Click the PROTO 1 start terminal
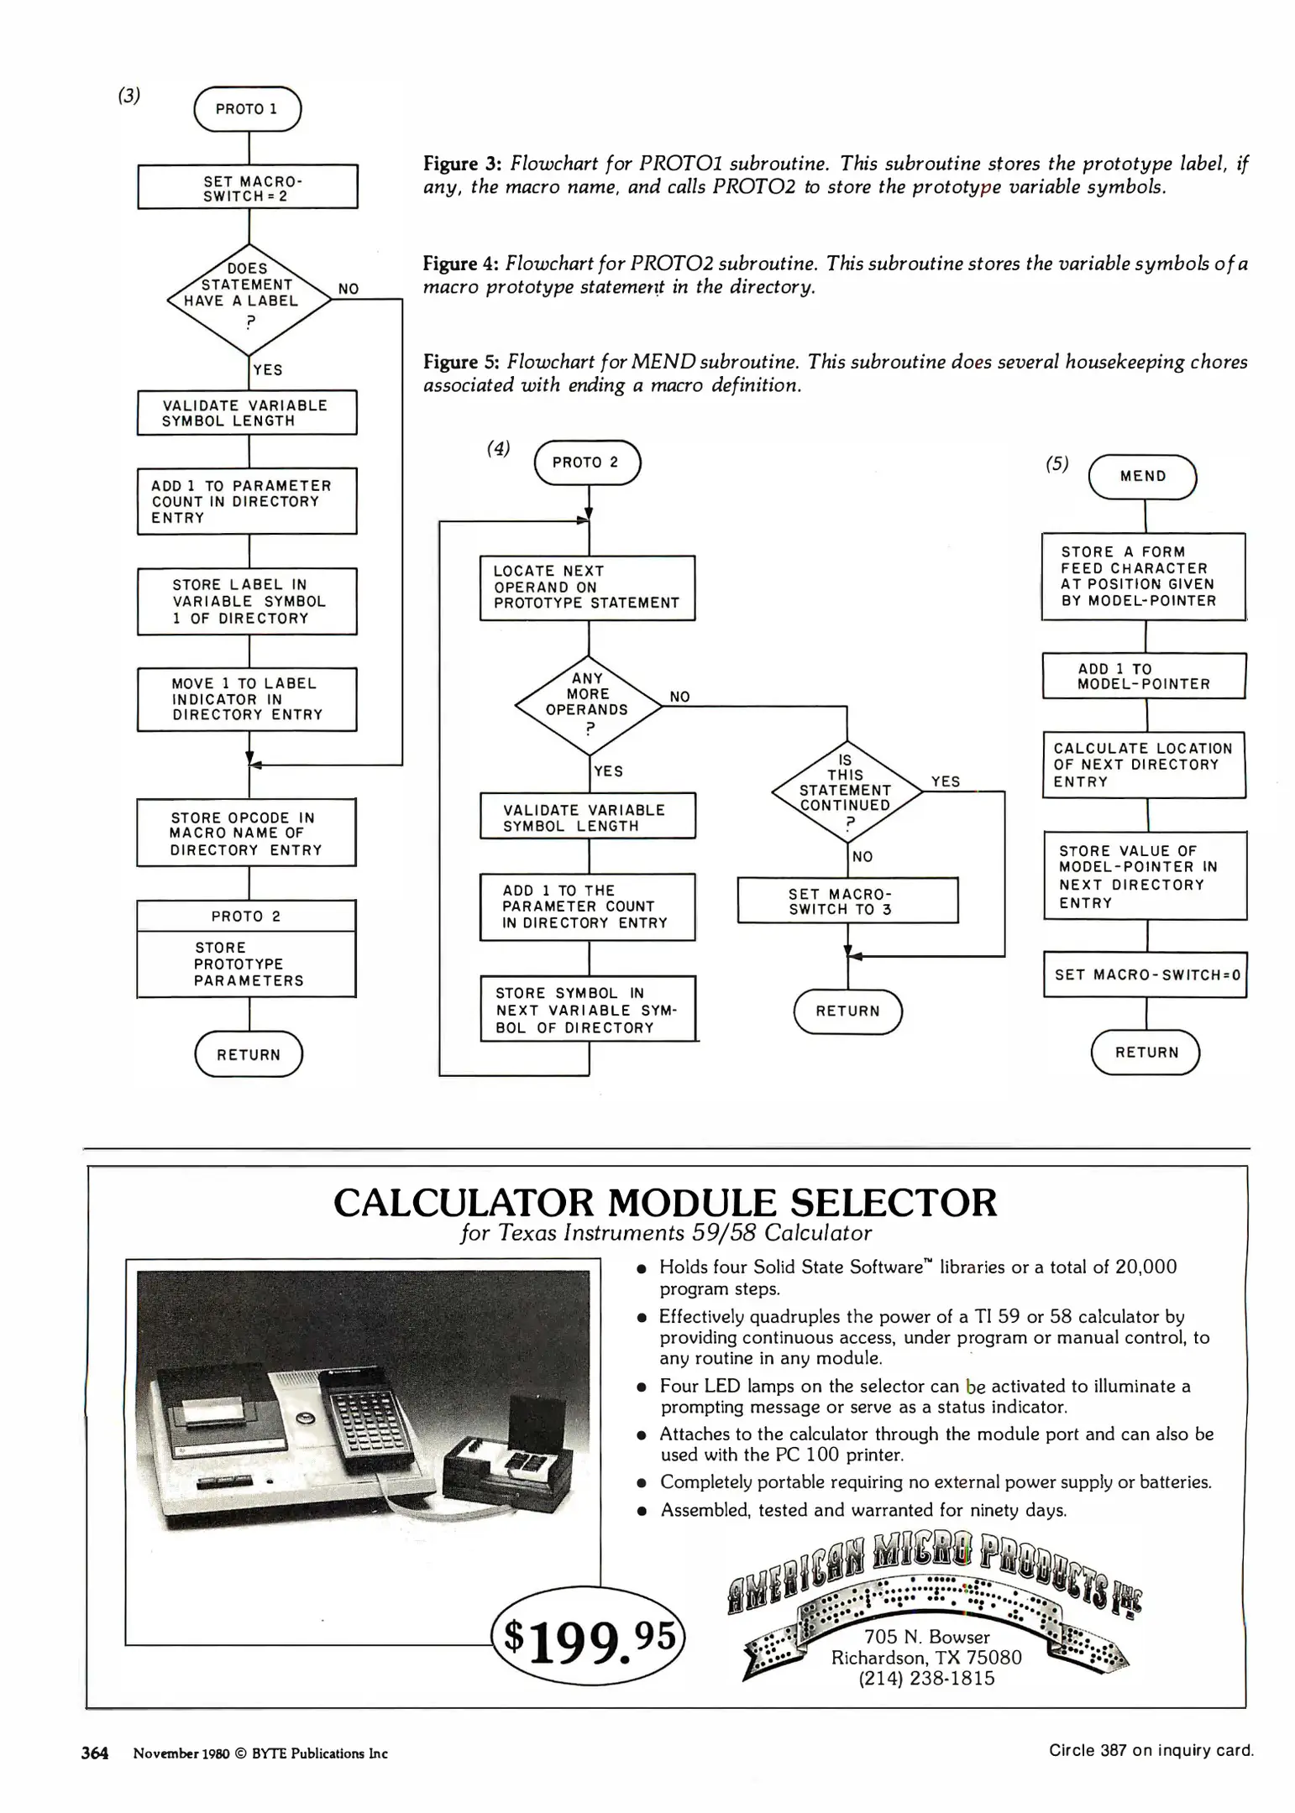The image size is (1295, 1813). coord(247,109)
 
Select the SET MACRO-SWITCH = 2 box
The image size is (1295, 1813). coord(248,186)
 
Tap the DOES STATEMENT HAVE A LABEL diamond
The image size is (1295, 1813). coord(249,298)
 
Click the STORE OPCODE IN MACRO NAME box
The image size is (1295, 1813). coord(246,833)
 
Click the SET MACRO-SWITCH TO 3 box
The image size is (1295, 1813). coord(847,901)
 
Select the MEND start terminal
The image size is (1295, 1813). coord(1142,477)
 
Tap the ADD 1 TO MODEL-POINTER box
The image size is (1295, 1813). coord(1144,676)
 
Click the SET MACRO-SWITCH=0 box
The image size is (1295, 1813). coord(1146,974)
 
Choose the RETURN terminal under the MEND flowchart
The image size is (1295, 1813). coord(1146,1053)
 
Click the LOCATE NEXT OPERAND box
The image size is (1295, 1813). coord(587,588)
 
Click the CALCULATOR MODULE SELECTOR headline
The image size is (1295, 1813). coord(665,1203)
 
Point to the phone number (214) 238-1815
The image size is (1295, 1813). coord(925,1678)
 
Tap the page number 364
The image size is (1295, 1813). coord(95,1753)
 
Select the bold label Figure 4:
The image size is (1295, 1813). coord(461,264)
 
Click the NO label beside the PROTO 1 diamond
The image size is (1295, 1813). coord(349,289)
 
